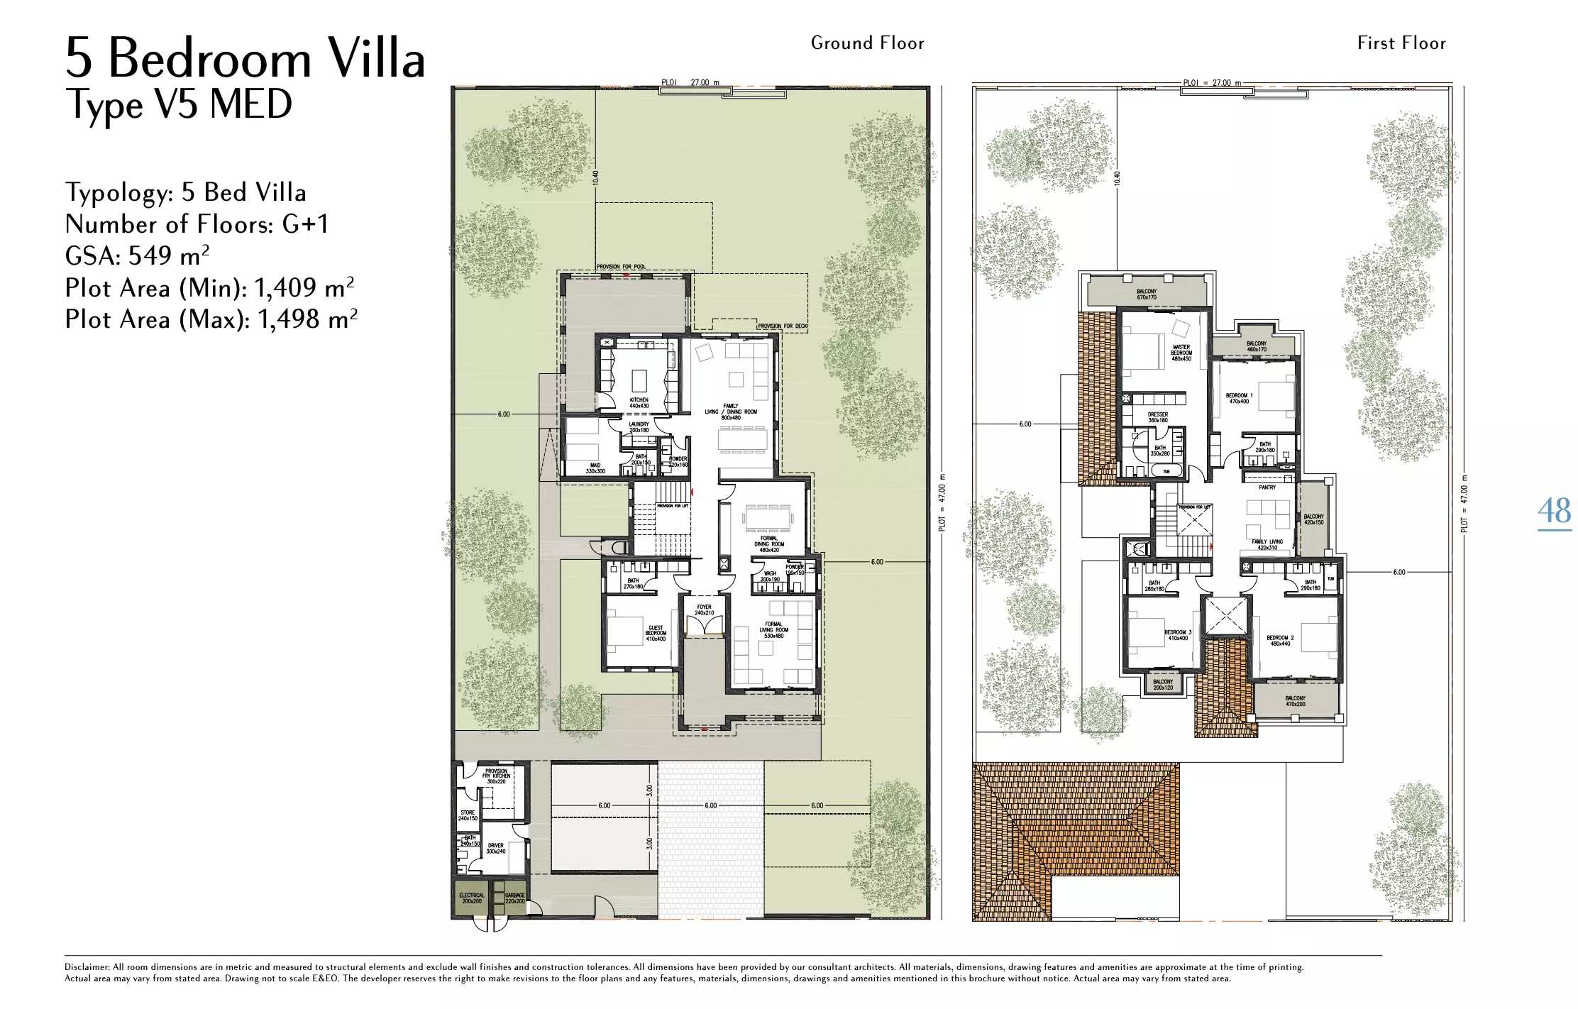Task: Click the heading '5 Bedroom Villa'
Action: pos(245,58)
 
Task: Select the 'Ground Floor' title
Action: pos(867,43)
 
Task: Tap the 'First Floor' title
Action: pos(1401,43)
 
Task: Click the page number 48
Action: pos(1554,512)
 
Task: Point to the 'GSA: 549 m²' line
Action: pos(137,255)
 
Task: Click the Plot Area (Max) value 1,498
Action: pos(289,320)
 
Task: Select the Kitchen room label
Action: pos(639,403)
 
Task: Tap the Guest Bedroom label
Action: pos(656,633)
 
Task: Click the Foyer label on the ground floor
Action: pos(704,610)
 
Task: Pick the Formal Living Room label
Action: pos(773,629)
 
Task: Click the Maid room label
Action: pos(595,468)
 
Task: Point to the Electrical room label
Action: pos(471,898)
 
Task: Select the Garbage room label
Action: pos(514,898)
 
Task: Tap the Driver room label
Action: pos(495,848)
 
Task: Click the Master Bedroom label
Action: pos(1181,353)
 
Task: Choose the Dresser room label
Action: pos(1157,417)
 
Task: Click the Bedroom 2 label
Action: pos(1280,640)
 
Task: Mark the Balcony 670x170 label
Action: pos(1146,294)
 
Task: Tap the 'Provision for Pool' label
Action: pos(621,267)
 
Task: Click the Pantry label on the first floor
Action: pos(1267,487)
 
